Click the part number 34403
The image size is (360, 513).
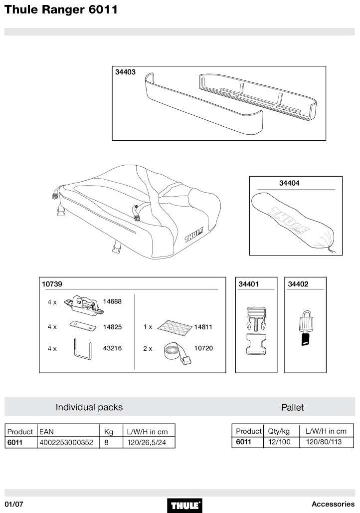point(126,72)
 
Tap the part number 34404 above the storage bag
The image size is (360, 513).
point(289,183)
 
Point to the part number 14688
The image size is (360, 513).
point(112,301)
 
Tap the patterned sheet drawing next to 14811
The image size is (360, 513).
point(175,327)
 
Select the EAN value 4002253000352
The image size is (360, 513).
point(66,442)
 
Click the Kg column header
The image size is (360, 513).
point(109,431)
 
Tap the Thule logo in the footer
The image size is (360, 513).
point(186,505)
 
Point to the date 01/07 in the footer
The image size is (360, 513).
point(14,504)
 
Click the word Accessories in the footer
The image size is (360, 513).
point(333,504)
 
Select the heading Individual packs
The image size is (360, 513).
point(89,407)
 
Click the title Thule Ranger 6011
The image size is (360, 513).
point(61,9)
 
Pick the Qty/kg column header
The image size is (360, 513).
point(279,431)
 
